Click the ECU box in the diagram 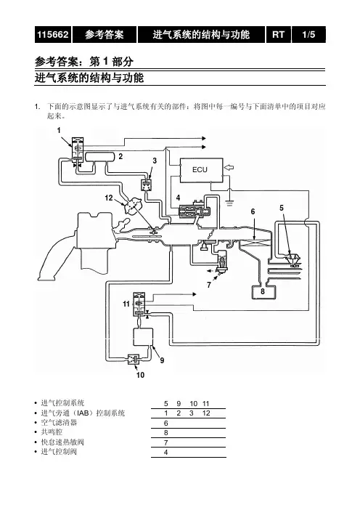click(x=202, y=170)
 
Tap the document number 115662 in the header click(x=53, y=34)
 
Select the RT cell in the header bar click(x=279, y=34)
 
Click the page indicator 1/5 click(x=308, y=34)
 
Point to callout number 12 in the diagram click(x=109, y=198)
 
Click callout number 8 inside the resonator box click(x=263, y=291)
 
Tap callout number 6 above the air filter click(x=253, y=211)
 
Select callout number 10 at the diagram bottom click(x=140, y=375)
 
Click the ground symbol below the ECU click(x=229, y=203)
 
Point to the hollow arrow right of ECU click(x=229, y=167)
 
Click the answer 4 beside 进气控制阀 click(x=165, y=452)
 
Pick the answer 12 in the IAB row click(x=206, y=413)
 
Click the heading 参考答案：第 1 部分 click(x=84, y=61)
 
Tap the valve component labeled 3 click(x=146, y=185)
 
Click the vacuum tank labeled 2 click(x=99, y=158)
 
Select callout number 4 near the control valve click(x=178, y=198)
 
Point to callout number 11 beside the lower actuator click(x=126, y=304)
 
